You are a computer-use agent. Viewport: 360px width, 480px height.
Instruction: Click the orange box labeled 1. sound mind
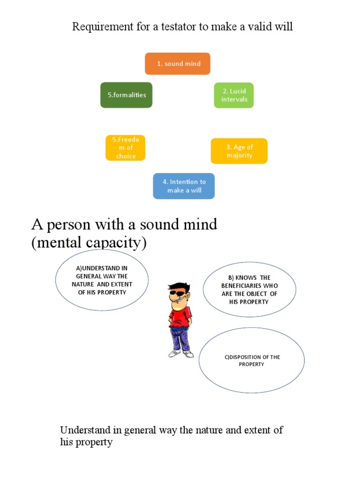tap(178, 64)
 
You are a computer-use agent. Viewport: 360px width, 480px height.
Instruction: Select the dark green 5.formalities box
tap(126, 95)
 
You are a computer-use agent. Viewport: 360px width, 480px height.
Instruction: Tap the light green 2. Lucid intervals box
tap(234, 95)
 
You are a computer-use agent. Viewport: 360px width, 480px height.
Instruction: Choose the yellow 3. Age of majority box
tap(239, 151)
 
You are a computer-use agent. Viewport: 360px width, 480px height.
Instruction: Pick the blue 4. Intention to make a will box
tap(184, 186)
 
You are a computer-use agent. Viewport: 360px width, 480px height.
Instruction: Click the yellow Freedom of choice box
tap(126, 148)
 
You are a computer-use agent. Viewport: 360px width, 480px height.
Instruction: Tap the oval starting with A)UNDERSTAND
tap(102, 280)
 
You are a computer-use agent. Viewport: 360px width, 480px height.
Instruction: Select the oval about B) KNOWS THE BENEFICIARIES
tap(249, 290)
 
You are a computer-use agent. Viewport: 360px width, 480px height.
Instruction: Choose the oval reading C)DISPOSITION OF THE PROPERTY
tap(252, 360)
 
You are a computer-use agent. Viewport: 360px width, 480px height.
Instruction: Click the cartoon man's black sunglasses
tap(177, 294)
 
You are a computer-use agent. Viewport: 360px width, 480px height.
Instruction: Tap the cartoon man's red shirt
tap(180, 315)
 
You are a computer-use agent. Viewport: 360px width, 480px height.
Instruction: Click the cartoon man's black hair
tap(179, 286)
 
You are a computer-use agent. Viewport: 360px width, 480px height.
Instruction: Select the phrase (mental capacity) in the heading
tap(89, 243)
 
